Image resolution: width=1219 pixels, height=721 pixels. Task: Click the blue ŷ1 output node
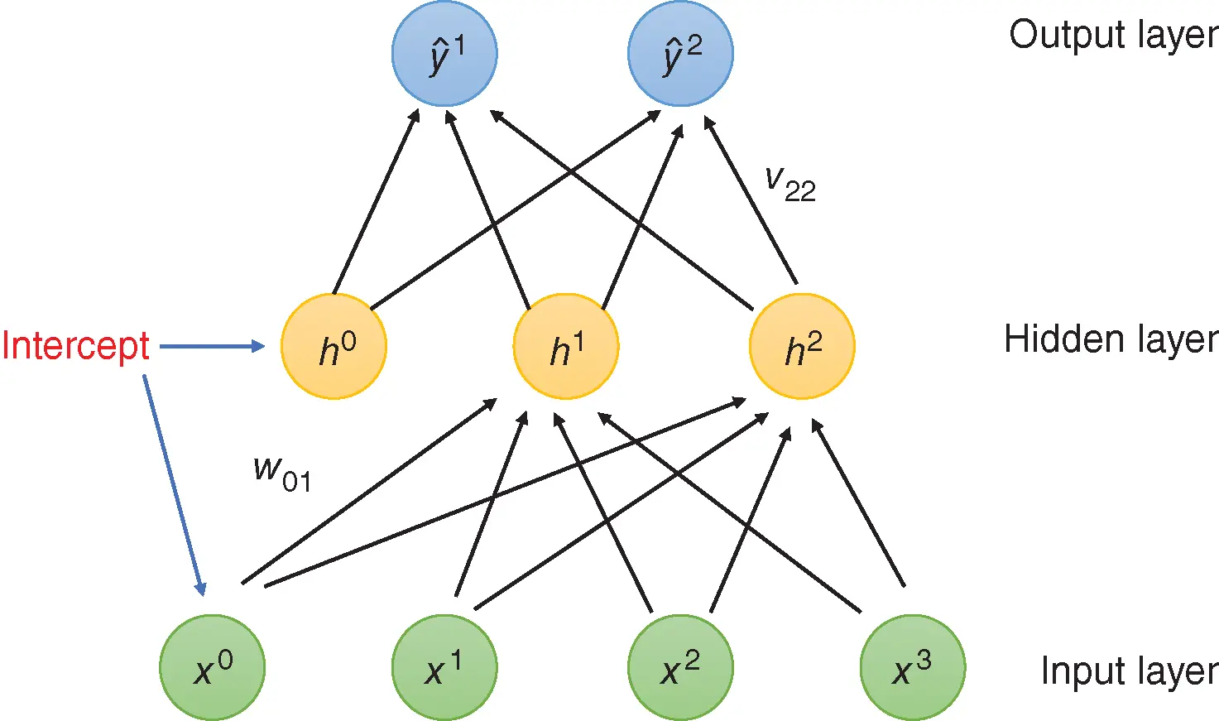point(444,53)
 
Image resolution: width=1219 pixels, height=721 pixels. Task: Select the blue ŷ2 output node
point(680,53)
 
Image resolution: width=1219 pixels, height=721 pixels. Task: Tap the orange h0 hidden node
point(334,346)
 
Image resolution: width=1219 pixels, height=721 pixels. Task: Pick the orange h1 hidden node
point(566,346)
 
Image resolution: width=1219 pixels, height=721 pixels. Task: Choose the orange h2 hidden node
point(802,346)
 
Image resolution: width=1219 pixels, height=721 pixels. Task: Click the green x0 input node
point(213,667)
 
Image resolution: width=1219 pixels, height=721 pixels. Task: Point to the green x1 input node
point(444,667)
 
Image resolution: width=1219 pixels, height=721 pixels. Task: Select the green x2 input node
point(680,667)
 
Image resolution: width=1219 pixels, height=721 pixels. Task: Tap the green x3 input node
point(913,667)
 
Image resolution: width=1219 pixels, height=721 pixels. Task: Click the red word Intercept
point(75,346)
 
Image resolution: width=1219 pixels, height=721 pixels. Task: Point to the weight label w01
point(282,473)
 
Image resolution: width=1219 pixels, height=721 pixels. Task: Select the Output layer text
point(1113,35)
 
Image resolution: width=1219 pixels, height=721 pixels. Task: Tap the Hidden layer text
point(1111,339)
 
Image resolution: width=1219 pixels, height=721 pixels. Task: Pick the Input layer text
point(1129,671)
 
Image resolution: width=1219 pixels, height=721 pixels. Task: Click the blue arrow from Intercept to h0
point(211,347)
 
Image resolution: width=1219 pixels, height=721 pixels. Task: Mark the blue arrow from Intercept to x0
point(173,484)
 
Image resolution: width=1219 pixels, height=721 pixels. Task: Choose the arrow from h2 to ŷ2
point(751,201)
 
